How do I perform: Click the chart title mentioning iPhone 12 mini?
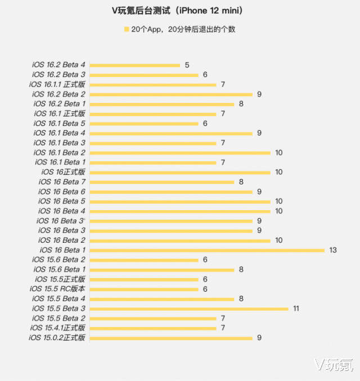click(179, 11)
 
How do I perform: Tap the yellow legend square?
click(126, 29)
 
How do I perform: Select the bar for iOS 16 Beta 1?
click(207, 250)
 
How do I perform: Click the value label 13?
click(333, 250)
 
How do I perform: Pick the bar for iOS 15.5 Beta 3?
click(189, 309)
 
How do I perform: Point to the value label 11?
click(296, 309)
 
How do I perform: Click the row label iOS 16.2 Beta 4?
click(59, 65)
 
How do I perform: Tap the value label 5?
click(187, 65)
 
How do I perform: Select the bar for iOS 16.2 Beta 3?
click(144, 75)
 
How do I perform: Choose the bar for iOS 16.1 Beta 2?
click(180, 153)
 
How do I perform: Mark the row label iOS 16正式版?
click(64, 172)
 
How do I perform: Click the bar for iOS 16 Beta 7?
click(162, 182)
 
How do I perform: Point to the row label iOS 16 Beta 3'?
click(61, 221)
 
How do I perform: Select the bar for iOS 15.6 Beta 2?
click(144, 260)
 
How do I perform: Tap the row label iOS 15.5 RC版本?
click(58, 289)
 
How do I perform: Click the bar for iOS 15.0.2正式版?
click(171, 338)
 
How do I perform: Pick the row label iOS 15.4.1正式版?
click(58, 328)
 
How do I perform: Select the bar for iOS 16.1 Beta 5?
click(144, 124)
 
